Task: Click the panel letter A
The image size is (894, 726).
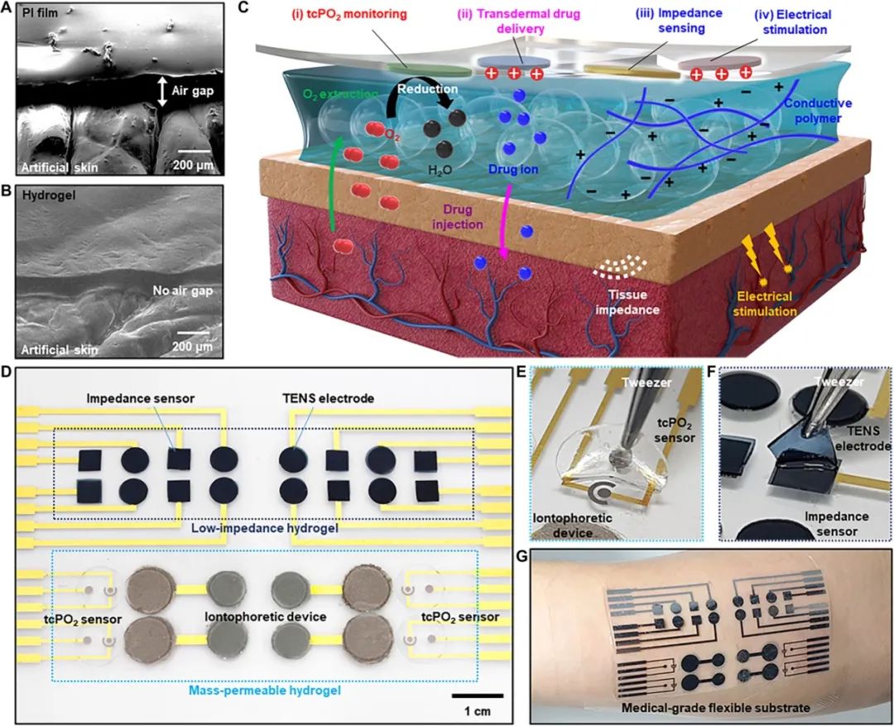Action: pos(7,9)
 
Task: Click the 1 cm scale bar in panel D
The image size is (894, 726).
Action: pos(478,695)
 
